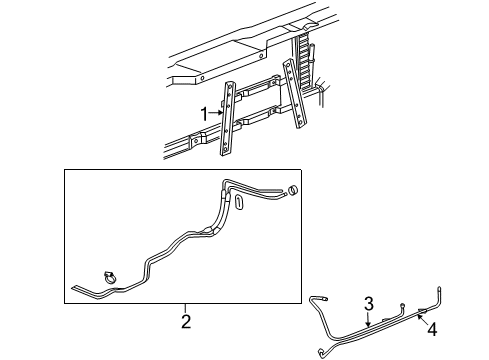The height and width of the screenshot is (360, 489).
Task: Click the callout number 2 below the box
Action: click(185, 321)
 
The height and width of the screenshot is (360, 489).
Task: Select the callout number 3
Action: click(368, 303)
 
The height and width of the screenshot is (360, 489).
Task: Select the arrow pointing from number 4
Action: click(422, 315)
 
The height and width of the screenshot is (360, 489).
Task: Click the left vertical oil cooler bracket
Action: click(230, 120)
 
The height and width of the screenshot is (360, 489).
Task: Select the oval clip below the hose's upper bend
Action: click(240, 203)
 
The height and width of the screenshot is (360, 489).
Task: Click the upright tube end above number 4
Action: click(435, 295)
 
